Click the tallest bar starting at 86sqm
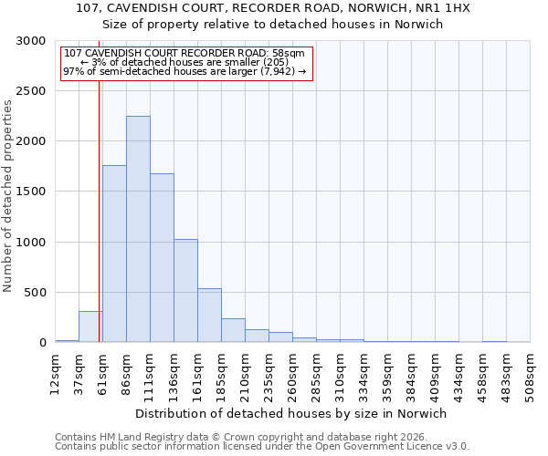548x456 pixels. pos(138,229)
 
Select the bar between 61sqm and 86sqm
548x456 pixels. pos(114,254)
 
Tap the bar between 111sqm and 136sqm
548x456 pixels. pos(162,258)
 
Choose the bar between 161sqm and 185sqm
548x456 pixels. pos(209,316)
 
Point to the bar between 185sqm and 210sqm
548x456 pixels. pos(233,330)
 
